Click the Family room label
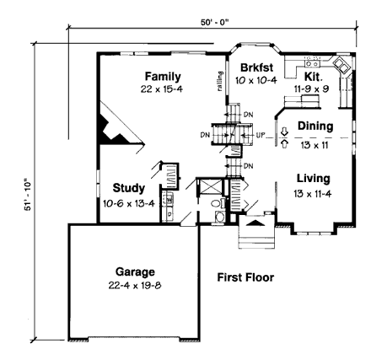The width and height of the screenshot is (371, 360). (162, 76)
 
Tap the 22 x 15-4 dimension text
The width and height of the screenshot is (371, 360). (162, 88)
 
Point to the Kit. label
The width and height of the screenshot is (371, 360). (312, 76)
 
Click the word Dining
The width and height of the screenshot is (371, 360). (315, 126)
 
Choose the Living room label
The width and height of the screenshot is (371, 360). (313, 179)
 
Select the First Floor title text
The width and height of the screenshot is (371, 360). (245, 277)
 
